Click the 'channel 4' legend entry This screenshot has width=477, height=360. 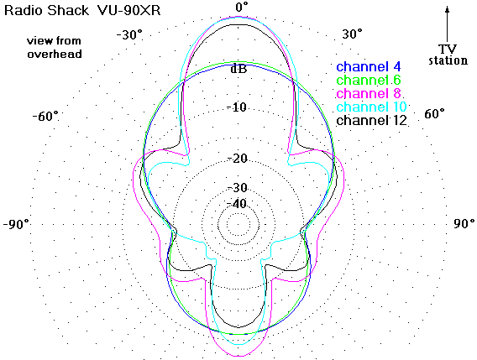click(x=369, y=66)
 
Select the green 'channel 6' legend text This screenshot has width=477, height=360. click(x=369, y=80)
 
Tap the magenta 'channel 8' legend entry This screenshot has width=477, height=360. click(x=369, y=93)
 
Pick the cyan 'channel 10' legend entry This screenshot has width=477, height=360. click(x=371, y=107)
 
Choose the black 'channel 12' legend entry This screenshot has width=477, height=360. click(x=371, y=120)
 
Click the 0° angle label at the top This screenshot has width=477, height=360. click(x=242, y=7)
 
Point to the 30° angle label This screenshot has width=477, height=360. click(x=352, y=34)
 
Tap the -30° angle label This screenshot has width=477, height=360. click(x=129, y=34)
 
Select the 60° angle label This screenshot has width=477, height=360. click(x=434, y=114)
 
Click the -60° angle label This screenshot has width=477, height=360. click(x=45, y=116)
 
